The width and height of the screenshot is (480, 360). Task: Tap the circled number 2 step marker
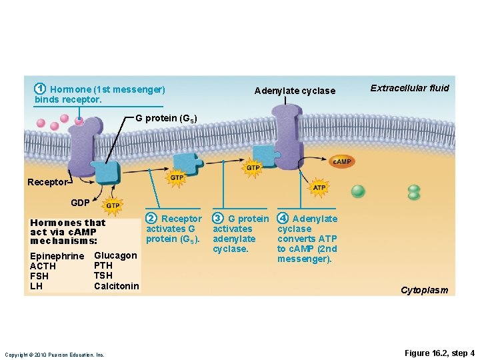pyautogui.click(x=151, y=219)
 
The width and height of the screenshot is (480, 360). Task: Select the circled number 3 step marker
pyautogui.click(x=217, y=219)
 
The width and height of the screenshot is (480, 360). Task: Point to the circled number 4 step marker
pyautogui.click(x=283, y=219)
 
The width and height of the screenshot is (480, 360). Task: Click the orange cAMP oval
pyautogui.click(x=341, y=162)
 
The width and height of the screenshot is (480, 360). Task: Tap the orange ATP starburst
pyautogui.click(x=319, y=188)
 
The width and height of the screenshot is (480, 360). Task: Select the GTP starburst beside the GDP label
pyautogui.click(x=113, y=206)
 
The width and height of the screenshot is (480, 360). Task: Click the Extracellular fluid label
pyautogui.click(x=409, y=88)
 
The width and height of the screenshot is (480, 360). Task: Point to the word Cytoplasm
pyautogui.click(x=424, y=290)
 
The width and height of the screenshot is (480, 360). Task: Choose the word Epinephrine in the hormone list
pyautogui.click(x=57, y=257)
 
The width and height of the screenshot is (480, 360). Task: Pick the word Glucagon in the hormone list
pyautogui.click(x=115, y=255)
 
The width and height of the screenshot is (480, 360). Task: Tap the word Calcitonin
pyautogui.click(x=117, y=286)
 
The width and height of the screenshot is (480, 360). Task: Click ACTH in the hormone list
pyautogui.click(x=43, y=267)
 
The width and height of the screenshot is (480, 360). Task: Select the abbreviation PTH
pyautogui.click(x=103, y=265)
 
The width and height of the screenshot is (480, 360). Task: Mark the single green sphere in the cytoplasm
pyautogui.click(x=358, y=191)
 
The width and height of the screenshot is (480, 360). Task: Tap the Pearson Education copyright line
pyautogui.click(x=54, y=355)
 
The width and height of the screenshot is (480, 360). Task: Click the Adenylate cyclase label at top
pyautogui.click(x=295, y=91)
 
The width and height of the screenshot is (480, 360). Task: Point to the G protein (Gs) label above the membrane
pyautogui.click(x=166, y=118)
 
